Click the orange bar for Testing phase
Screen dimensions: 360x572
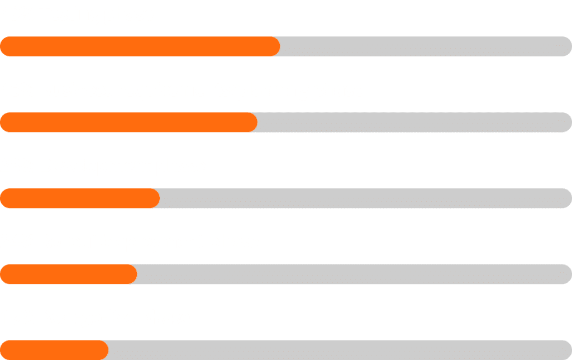[x=140, y=46]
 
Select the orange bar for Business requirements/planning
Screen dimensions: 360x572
[x=128, y=122]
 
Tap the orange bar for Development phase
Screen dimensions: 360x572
[x=80, y=198]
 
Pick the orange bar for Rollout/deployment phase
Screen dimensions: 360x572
[x=69, y=274]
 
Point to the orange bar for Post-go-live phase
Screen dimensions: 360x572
[x=54, y=350]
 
